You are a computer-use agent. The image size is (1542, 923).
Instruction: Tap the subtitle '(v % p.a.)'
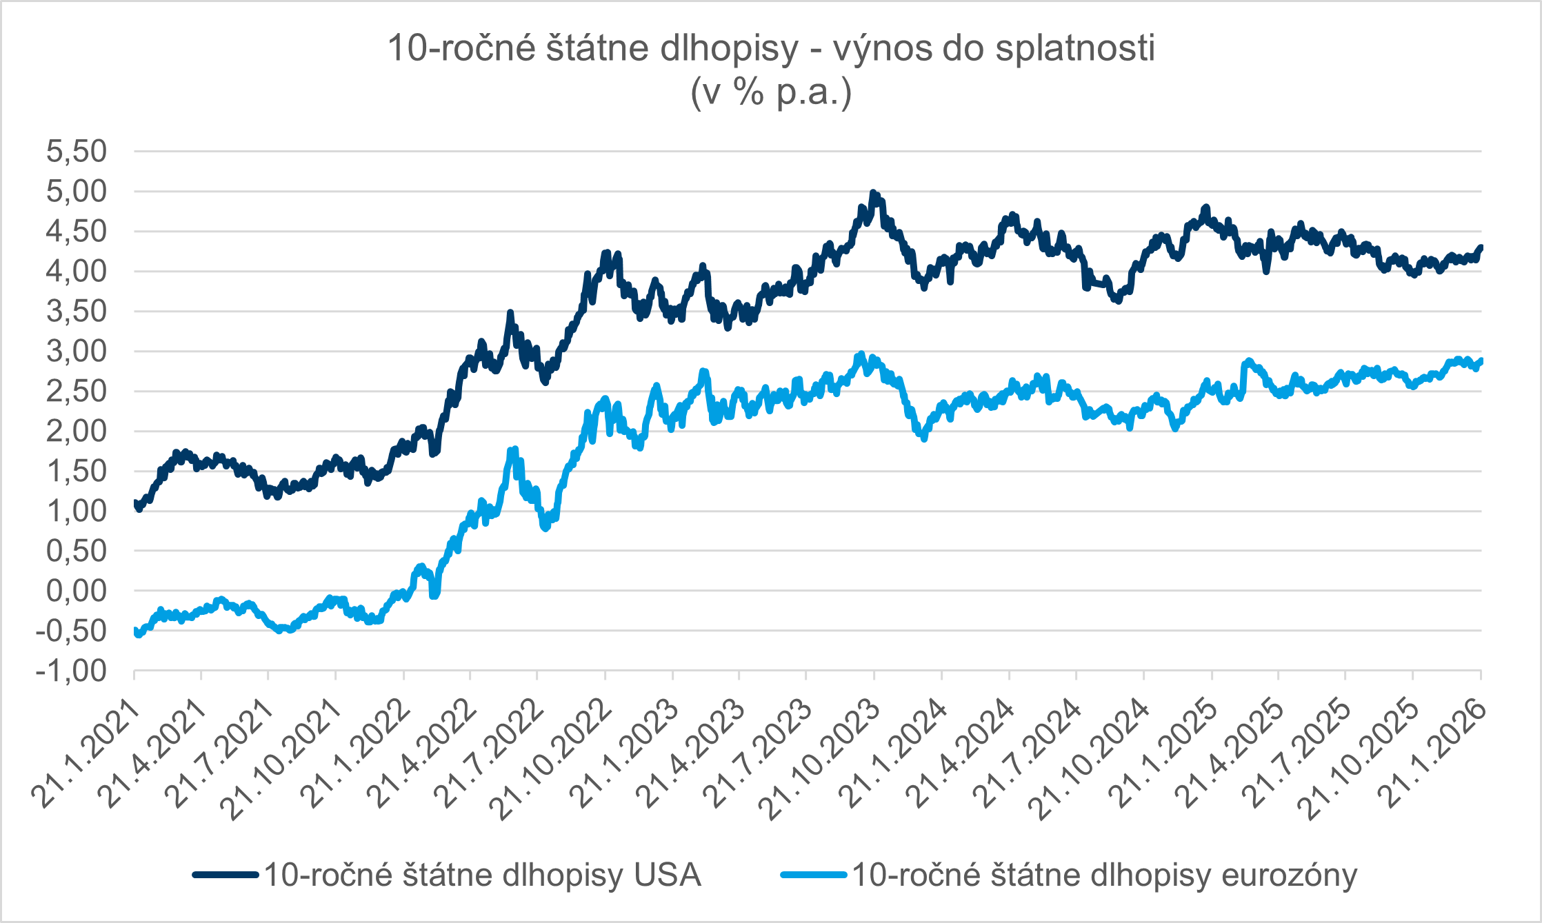pos(771,92)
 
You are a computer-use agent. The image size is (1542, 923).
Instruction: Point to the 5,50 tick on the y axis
pos(77,151)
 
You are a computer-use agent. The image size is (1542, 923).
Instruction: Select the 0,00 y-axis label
pos(77,591)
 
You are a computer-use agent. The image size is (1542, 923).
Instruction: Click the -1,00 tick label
pos(72,671)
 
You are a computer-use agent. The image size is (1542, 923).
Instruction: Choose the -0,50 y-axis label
pos(72,631)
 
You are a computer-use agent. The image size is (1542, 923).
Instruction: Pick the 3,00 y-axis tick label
pos(77,352)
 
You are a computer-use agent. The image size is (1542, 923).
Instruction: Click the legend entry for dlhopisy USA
pos(483,875)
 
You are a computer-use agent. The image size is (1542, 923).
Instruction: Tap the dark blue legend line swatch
pos(226,875)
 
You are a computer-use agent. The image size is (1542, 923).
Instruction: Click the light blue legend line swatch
pos(814,875)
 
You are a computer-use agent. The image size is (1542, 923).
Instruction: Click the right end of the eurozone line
pos(1480,361)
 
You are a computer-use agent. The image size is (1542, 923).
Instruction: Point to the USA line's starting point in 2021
pos(135,503)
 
